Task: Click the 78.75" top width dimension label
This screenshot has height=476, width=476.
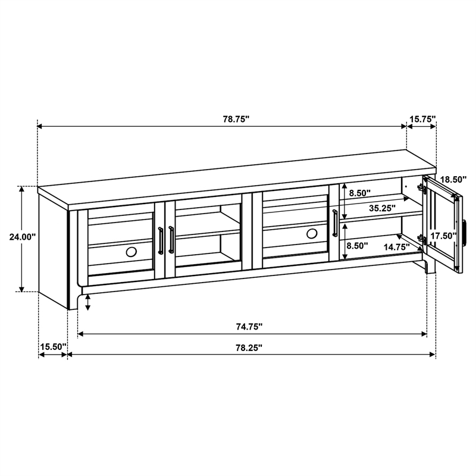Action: pyautogui.click(x=236, y=119)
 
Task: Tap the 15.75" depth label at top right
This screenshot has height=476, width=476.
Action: pyautogui.click(x=422, y=119)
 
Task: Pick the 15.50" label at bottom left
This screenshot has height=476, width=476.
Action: pyautogui.click(x=53, y=346)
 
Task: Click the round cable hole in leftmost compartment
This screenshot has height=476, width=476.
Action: pyautogui.click(x=131, y=252)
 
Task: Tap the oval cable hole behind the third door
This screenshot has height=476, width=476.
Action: pyautogui.click(x=312, y=234)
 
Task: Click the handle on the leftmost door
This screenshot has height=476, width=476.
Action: pyautogui.click(x=160, y=240)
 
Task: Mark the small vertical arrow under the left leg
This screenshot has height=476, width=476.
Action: pyautogui.click(x=88, y=302)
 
